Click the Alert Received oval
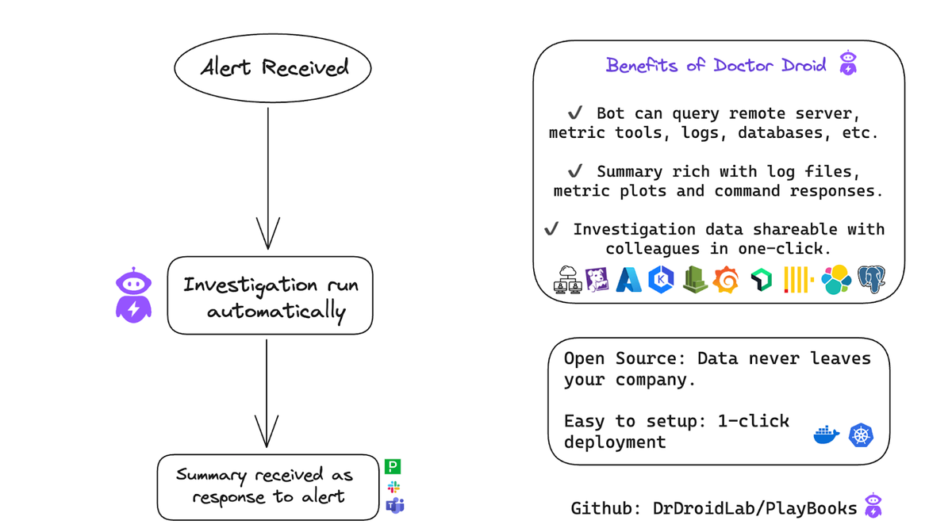point(273,68)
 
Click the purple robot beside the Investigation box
point(133,294)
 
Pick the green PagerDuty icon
point(393,467)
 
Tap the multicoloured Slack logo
point(393,486)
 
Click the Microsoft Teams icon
point(394,505)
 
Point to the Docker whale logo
point(827,434)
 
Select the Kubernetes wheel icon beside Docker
point(861,434)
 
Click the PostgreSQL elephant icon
point(871,279)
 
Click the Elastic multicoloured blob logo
point(836,280)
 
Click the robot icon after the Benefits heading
point(848,63)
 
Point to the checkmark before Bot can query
point(576,113)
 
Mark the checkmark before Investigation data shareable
point(551,229)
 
